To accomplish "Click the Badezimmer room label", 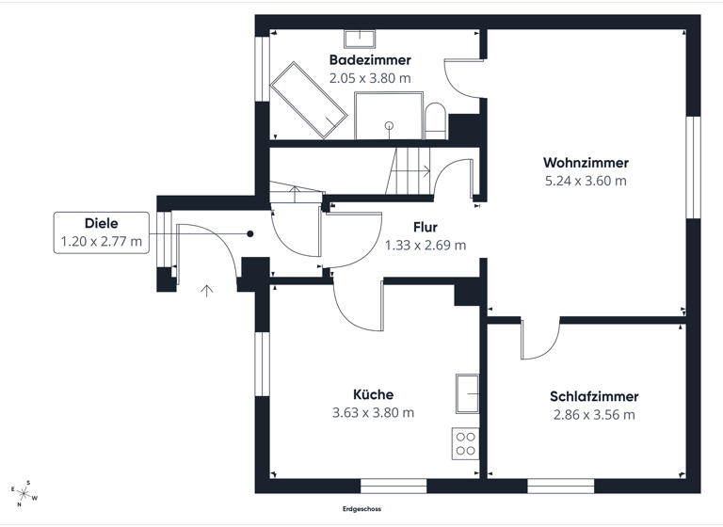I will tap(370, 60).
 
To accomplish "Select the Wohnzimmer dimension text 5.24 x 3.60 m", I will tap(585, 182).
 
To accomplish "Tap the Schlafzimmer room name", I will tap(594, 396).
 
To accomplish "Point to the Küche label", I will tap(373, 394).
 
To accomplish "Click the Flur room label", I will tap(426, 227).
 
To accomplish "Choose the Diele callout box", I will tap(101, 232).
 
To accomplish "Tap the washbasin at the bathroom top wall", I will tap(359, 39).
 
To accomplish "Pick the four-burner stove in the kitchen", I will tap(465, 442).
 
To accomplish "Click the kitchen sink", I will tap(467, 393).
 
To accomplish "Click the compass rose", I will tap(25, 491).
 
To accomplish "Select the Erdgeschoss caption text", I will tap(361, 509).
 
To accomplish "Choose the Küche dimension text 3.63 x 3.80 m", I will tap(373, 412).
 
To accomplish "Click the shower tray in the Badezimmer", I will tap(388, 117).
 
